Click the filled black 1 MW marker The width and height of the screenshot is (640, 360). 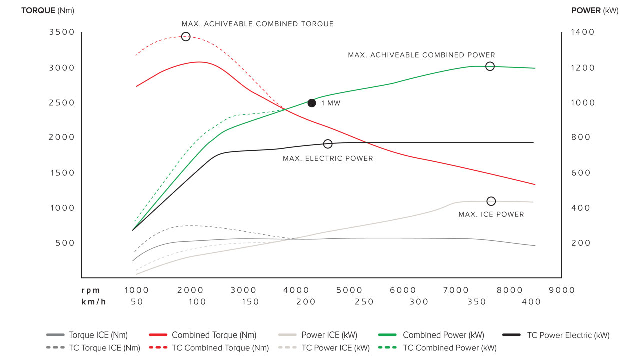[312, 103]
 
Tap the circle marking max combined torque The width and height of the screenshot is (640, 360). [186, 36]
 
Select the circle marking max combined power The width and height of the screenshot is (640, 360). [490, 66]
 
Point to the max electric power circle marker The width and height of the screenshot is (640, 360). [328, 144]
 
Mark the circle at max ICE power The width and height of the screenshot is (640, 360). [491, 201]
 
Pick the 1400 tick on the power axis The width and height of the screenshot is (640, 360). [583, 32]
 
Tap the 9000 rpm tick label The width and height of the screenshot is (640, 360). [562, 290]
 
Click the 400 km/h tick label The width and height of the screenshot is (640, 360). [532, 302]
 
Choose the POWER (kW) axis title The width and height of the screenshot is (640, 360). [595, 11]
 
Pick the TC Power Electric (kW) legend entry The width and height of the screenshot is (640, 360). [568, 335]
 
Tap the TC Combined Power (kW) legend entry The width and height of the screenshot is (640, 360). [449, 348]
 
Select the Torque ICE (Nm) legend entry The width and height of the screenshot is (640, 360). [98, 335]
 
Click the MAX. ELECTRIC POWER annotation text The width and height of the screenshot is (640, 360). [328, 159]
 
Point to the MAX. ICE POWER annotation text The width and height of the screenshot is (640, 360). [491, 215]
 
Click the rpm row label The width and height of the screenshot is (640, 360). [91, 290]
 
